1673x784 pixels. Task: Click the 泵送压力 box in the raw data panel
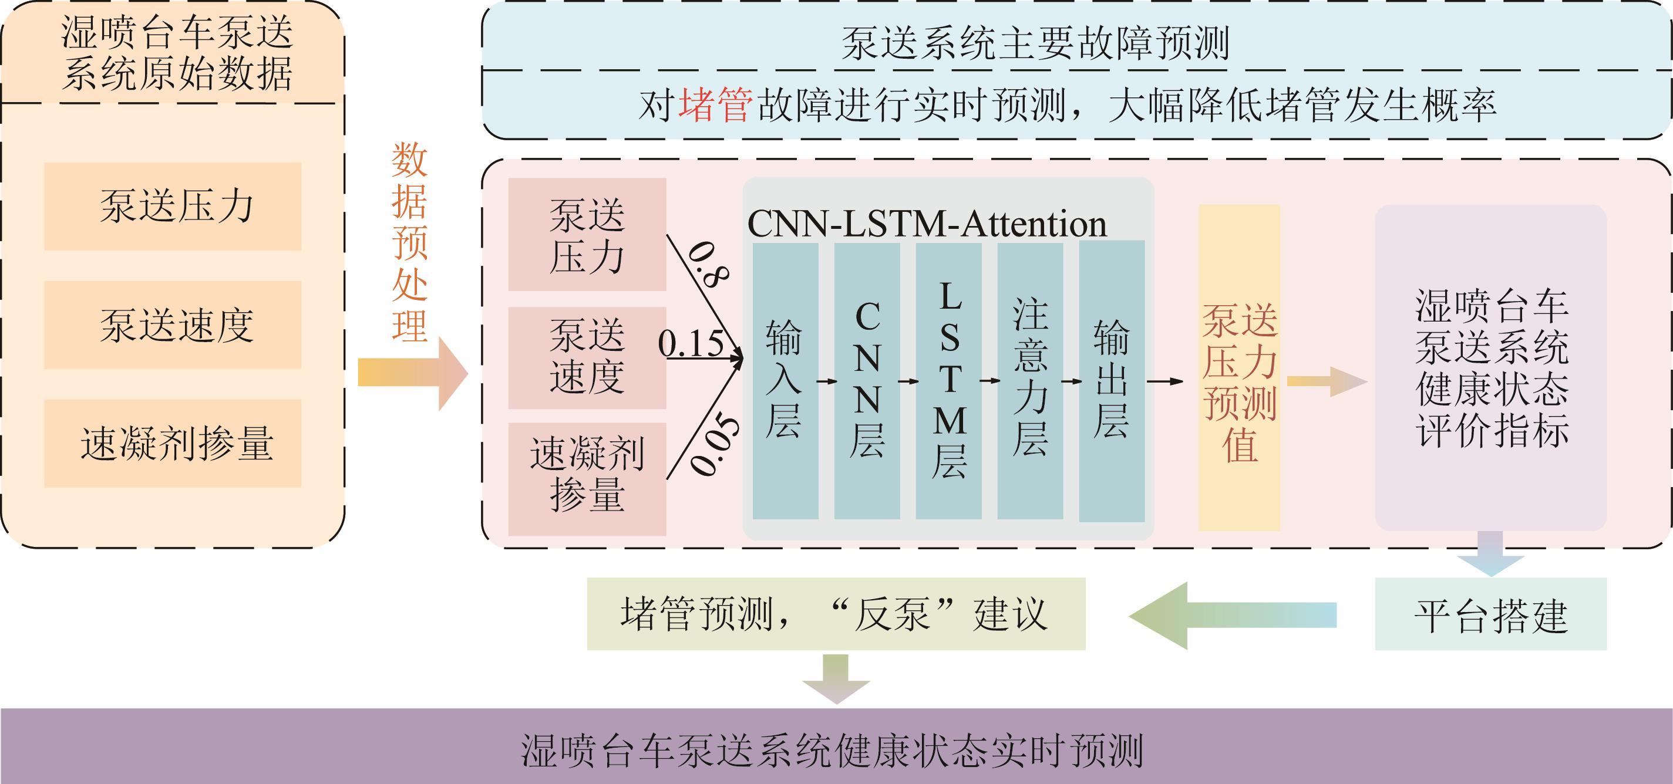click(x=173, y=207)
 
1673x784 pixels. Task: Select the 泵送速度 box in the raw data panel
click(x=173, y=325)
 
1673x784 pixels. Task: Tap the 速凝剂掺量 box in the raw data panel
click(x=173, y=443)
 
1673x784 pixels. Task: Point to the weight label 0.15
click(x=691, y=343)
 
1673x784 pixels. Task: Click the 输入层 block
click(x=785, y=381)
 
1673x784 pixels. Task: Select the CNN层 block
click(x=866, y=381)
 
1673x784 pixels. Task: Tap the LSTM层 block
click(x=948, y=381)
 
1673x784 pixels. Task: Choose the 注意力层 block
click(x=1030, y=381)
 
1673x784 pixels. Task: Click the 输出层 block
click(x=1111, y=381)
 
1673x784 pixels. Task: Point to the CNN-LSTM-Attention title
click(x=927, y=225)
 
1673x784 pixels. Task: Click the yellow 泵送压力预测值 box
click(x=1239, y=368)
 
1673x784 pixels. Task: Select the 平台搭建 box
click(x=1490, y=614)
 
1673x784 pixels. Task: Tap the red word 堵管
click(x=715, y=105)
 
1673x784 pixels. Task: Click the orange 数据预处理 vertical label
click(x=409, y=243)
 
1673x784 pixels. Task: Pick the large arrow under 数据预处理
click(x=413, y=373)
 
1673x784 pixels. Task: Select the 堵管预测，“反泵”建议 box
click(x=836, y=614)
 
